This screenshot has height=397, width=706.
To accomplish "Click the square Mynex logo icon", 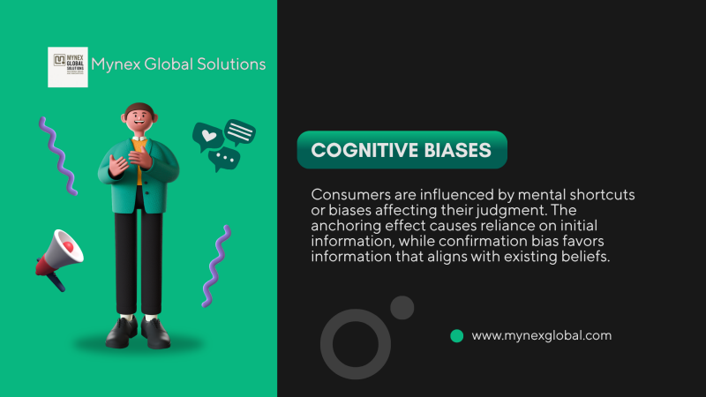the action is click(68, 67).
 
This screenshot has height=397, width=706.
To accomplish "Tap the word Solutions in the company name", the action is click(231, 64).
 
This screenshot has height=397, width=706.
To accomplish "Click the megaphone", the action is click(59, 258).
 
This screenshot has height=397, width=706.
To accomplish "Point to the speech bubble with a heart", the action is click(208, 136).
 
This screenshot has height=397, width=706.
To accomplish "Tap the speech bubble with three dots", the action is click(224, 159).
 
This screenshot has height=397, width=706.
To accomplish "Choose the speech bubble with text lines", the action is click(240, 131).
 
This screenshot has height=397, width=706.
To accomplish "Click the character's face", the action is click(139, 119).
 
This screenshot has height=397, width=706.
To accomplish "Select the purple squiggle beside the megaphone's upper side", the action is click(58, 156).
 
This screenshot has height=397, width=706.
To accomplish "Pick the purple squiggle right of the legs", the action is click(216, 266).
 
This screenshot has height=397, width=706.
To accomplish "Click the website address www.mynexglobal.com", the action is click(542, 336).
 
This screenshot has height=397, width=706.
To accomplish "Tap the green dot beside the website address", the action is click(457, 336).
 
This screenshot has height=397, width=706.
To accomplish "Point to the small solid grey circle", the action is click(402, 308).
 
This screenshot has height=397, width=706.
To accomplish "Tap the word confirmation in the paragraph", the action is click(483, 241).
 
